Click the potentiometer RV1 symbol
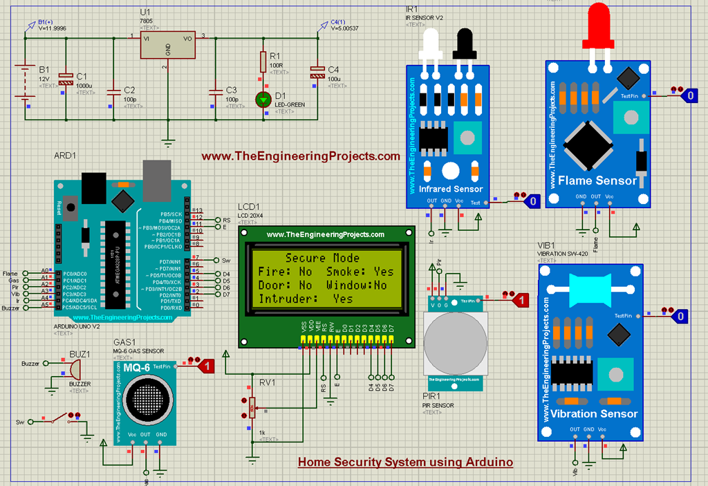point(252,406)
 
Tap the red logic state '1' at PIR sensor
point(523,300)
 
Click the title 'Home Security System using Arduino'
point(405,462)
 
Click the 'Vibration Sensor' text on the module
point(594,413)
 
